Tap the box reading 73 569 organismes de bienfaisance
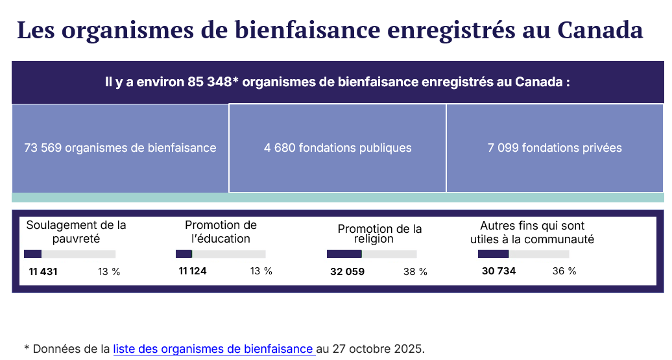tap(120, 148)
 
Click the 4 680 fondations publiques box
tap(337, 148)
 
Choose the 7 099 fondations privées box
tap(555, 148)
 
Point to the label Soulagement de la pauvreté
tap(76, 232)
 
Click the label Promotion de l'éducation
tap(221, 232)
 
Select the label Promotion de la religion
tap(379, 234)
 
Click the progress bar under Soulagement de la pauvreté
tap(69, 254)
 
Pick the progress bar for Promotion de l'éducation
tap(221, 254)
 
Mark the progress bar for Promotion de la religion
tap(372, 254)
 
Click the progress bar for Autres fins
tap(523, 254)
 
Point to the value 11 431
tap(43, 272)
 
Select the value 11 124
tap(193, 271)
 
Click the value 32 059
tap(347, 272)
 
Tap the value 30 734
tap(499, 271)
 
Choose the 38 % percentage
tap(415, 272)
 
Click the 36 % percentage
tap(564, 271)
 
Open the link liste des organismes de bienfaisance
tap(214, 349)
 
